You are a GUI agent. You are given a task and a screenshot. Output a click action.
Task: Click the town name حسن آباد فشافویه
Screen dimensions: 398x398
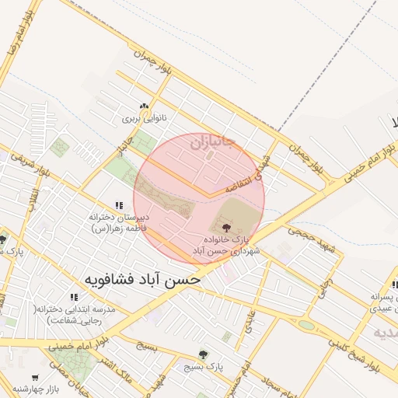click(142, 278)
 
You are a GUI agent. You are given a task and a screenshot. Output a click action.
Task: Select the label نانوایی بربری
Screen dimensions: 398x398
click(143, 120)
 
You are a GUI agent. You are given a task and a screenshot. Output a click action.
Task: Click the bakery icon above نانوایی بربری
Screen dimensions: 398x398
click(143, 107)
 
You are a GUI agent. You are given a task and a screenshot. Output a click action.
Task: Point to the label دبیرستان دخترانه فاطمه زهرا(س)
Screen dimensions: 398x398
click(119, 223)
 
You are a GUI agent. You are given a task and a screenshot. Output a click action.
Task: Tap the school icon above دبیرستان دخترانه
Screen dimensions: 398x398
click(119, 204)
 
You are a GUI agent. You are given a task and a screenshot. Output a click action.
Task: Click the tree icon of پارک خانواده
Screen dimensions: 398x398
click(226, 228)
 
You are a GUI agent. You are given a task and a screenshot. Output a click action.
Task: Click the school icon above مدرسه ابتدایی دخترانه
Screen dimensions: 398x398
click(74, 297)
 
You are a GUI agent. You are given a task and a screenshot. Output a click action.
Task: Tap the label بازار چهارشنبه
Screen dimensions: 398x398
click(42, 389)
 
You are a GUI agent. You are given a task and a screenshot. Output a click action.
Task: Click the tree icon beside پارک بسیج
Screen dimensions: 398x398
click(204, 354)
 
